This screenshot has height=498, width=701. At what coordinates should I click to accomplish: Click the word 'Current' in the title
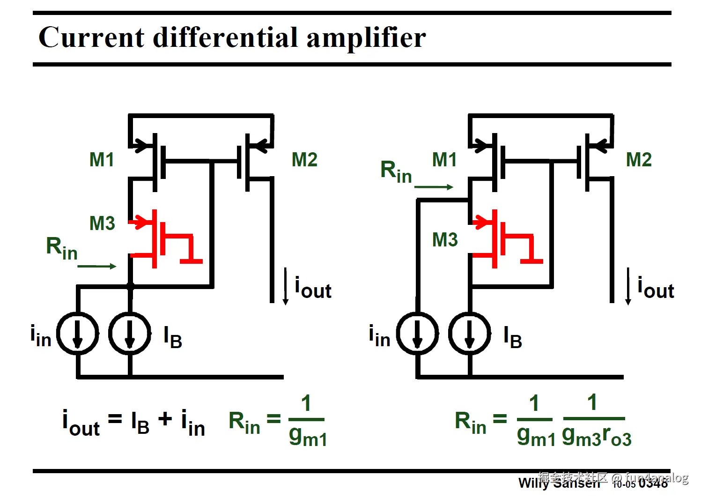point(91,37)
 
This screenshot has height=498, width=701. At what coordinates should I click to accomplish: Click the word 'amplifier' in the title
point(366,37)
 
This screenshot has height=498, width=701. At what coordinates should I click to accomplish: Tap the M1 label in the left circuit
point(102,160)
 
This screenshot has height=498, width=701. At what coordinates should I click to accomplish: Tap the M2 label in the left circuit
point(304,160)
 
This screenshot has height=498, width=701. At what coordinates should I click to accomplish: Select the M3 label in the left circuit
point(102,223)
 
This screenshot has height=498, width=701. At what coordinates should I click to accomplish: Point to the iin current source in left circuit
point(78,334)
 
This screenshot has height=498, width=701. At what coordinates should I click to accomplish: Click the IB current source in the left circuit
point(130,334)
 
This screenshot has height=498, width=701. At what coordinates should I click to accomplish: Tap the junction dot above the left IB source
point(130,285)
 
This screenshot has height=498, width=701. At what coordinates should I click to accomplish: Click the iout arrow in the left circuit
point(286,286)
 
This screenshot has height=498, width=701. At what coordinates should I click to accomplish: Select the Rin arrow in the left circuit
point(96,266)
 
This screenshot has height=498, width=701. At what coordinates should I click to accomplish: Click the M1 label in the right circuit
point(444,160)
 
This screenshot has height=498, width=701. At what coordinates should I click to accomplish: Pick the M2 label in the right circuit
point(639,160)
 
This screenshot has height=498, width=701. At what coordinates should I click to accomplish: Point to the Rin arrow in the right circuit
point(434,187)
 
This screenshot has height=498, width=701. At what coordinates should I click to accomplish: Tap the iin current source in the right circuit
point(418,334)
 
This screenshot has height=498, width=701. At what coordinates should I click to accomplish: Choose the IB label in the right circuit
point(512,337)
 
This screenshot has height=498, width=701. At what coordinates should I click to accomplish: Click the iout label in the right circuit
point(656,288)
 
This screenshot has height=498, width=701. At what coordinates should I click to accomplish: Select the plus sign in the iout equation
point(165,418)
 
